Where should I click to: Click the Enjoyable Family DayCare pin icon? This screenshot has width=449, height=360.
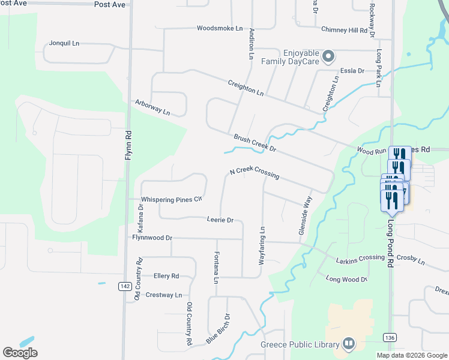pos(328,58)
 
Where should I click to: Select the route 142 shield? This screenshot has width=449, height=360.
pos(124,286)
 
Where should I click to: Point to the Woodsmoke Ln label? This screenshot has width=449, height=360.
pos(220,28)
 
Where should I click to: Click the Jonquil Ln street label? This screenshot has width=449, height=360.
pos(64,44)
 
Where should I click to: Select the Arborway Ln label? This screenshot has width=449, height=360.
pos(152,108)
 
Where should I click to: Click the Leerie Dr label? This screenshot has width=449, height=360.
pos(220,220)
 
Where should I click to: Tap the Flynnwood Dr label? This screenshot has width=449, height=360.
pos(152,238)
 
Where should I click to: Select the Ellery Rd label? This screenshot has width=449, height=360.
pos(166,276)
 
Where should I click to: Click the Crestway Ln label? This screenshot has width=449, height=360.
pos(163,295)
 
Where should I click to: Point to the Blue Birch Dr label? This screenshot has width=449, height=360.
pos(218,329)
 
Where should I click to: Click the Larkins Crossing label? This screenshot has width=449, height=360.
pos(360,257)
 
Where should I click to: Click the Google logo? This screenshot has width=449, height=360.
pos(20,352)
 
